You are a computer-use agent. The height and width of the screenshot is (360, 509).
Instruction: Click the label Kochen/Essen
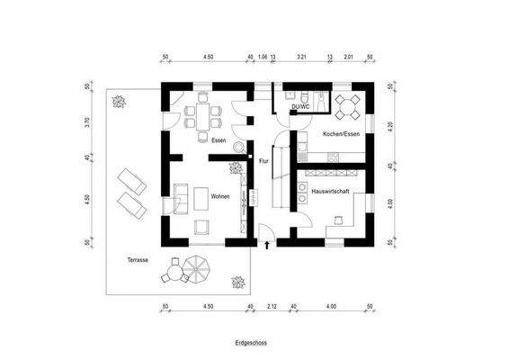pos(340,134)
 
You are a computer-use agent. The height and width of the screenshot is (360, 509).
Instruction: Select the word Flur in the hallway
pos(264,162)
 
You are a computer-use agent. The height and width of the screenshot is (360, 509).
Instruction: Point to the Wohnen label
pos(220,196)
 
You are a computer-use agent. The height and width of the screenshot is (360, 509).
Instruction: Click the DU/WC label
pos(300,108)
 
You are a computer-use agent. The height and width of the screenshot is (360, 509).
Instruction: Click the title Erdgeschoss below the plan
pos(250,343)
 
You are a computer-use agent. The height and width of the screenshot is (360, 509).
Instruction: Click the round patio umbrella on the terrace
pos(196,267)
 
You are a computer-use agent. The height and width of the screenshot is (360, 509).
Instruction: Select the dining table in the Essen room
pos(201,114)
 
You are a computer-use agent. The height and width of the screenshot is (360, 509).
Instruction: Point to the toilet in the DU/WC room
pos(308,94)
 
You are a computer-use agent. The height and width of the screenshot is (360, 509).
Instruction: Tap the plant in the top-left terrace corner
pos(117,101)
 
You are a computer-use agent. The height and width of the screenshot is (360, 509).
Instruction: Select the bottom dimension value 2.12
pos(272,308)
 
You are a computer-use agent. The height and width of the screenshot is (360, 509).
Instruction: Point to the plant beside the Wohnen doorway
pos(236,167)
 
